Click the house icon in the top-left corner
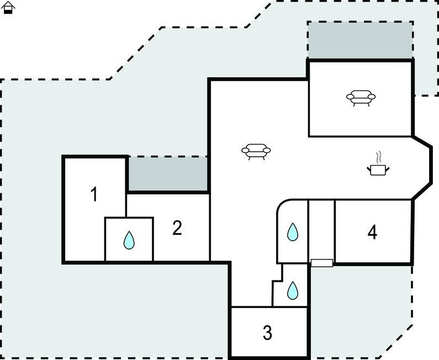[x=8, y=8]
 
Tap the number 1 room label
[x=94, y=194]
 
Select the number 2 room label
[x=177, y=228]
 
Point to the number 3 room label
[x=267, y=332]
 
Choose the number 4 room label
[x=372, y=232]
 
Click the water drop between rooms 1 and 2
[x=129, y=240]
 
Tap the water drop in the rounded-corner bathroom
[x=293, y=232]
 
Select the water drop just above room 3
[x=293, y=290]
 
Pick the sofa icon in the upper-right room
[x=361, y=98]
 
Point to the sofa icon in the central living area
[x=256, y=152]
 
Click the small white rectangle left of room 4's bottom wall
[x=322, y=263]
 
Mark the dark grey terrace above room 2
[x=168, y=174]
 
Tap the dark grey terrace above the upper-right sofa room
[x=361, y=40]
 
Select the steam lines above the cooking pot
[x=378, y=157]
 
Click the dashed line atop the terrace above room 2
[x=168, y=156]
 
